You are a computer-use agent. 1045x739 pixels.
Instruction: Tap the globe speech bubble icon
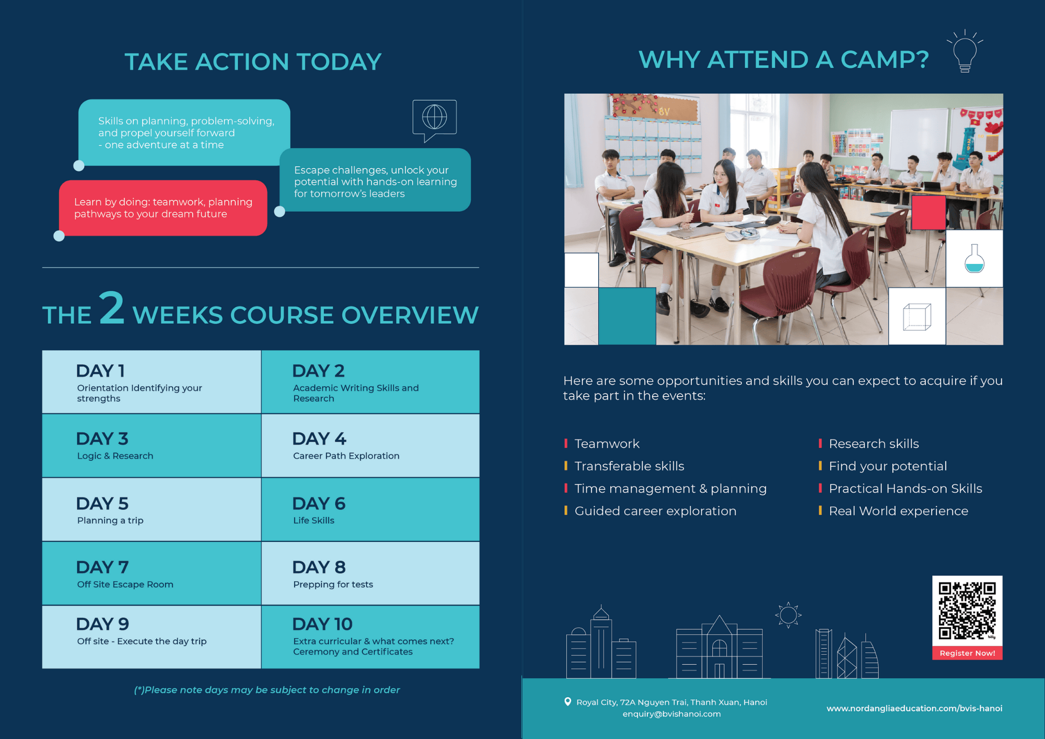[x=435, y=119]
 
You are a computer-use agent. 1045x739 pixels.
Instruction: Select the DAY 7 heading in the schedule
[x=102, y=567]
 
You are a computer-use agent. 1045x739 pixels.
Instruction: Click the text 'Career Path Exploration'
[x=346, y=456]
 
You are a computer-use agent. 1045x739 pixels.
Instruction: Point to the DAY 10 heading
[x=322, y=624]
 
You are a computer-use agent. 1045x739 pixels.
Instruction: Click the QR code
[x=967, y=610]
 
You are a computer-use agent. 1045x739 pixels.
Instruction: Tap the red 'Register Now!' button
[x=967, y=653]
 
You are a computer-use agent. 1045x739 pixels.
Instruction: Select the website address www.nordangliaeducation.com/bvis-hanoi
[x=914, y=708]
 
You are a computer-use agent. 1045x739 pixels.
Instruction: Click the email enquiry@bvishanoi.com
[x=671, y=714]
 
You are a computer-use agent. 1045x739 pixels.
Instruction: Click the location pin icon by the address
[x=567, y=702]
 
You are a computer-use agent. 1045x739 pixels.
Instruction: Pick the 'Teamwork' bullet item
[x=607, y=444]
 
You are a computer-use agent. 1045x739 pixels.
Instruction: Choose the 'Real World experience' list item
[x=898, y=511]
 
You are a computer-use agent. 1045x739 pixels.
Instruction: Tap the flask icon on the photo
[x=974, y=259]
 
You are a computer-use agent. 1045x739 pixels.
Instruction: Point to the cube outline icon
[x=917, y=317]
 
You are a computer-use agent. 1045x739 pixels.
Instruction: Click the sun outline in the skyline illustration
[x=788, y=615]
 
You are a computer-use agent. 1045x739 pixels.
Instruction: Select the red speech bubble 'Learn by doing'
[x=163, y=208]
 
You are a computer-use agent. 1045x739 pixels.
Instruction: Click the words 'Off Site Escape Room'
[x=125, y=584]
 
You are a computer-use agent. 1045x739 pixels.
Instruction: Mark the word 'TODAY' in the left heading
[x=339, y=62]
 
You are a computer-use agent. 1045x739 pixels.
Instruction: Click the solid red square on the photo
[x=928, y=213]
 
